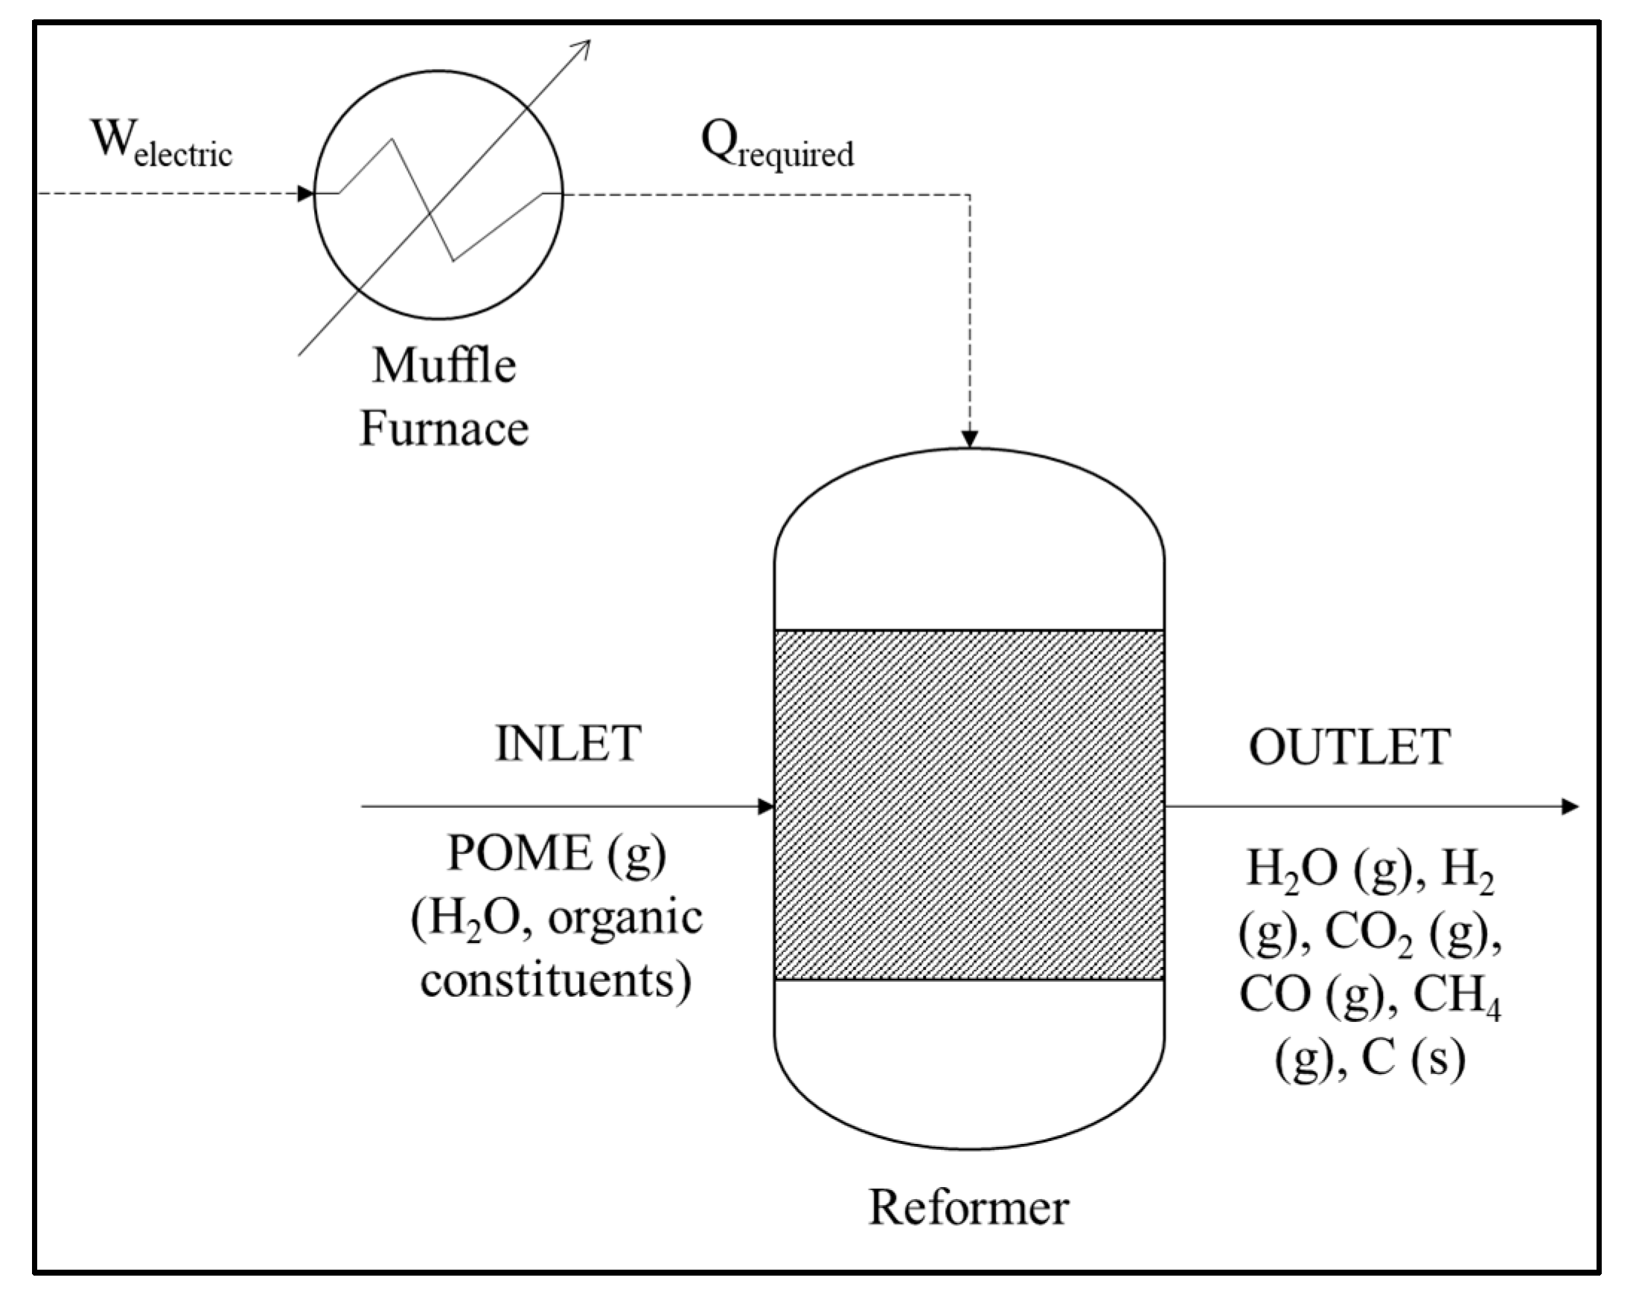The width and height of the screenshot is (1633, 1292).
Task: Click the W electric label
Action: (x=162, y=144)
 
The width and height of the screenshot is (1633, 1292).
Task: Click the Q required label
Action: (x=776, y=145)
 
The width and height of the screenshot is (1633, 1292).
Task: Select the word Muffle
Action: (x=444, y=366)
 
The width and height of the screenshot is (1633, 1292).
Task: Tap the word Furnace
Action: (x=444, y=429)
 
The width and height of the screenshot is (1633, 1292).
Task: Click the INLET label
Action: (x=569, y=744)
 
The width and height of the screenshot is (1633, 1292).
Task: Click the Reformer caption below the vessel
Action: (x=968, y=1207)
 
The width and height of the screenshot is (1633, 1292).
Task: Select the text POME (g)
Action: (x=557, y=855)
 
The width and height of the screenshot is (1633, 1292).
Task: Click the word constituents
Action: (x=555, y=981)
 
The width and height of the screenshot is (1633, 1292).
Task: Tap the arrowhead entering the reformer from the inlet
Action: (x=766, y=806)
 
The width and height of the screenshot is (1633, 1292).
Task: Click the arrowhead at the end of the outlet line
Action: (x=1570, y=806)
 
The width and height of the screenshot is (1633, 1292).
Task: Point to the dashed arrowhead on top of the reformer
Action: (x=969, y=439)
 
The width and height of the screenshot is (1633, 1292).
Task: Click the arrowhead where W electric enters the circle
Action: (x=306, y=194)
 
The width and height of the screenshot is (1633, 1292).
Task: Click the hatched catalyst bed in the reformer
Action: (x=968, y=806)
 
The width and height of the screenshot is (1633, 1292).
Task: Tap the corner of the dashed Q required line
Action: (x=969, y=195)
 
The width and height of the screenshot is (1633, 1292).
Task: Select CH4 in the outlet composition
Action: (x=1457, y=997)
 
